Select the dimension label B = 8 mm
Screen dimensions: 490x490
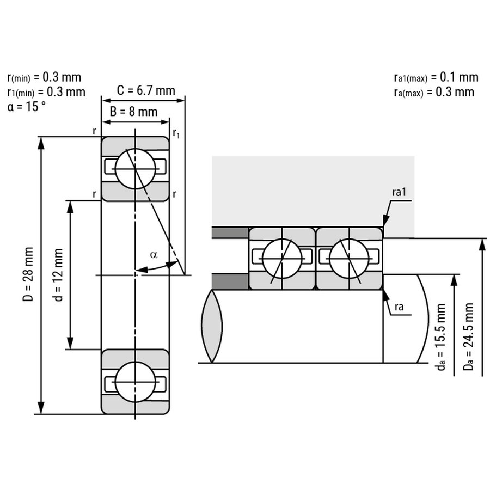tap(134, 112)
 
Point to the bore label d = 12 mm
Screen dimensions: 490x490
tap(58, 274)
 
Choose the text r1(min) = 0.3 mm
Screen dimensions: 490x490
tap(46, 91)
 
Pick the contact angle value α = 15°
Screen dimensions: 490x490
tap(27, 106)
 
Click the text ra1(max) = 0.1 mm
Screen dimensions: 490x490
tap(436, 77)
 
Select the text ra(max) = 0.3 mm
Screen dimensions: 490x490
tap(434, 91)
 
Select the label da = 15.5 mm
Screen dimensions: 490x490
tap(442, 337)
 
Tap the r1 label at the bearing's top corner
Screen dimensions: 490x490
tap(176, 132)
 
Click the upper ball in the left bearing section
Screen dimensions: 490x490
tap(136, 169)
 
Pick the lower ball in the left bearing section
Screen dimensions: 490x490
tap(136, 382)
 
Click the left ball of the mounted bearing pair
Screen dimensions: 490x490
tap(281, 259)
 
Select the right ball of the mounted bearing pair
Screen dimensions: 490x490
tap(349, 259)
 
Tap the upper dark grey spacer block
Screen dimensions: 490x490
tap(230, 232)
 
